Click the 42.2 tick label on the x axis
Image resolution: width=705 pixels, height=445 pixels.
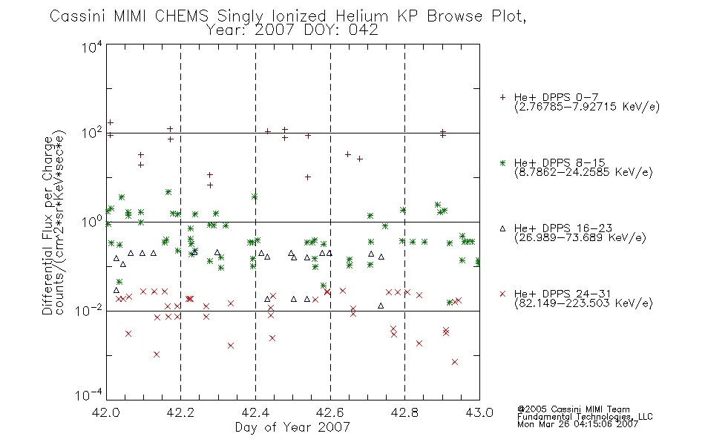point(181,412)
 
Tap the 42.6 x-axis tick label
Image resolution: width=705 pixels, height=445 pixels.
point(330,412)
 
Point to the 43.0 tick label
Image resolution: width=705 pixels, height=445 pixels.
point(479,412)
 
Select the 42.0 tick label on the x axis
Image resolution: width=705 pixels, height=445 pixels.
point(106,412)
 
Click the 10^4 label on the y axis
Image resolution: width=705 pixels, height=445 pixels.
point(92,47)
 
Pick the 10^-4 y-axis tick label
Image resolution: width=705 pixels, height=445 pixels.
point(89,395)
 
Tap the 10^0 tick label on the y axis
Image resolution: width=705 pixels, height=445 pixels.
point(92,222)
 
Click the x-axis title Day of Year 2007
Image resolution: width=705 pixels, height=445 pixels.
point(292,427)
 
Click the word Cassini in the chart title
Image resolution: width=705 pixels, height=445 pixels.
point(77,16)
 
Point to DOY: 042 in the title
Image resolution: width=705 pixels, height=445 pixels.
point(341,30)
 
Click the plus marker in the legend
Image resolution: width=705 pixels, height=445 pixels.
point(502,97)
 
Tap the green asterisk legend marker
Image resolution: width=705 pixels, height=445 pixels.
point(502,162)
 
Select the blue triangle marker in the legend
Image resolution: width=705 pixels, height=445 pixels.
point(502,228)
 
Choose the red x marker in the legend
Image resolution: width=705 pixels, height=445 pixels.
point(502,294)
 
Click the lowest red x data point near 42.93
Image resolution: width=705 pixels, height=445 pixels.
point(455,362)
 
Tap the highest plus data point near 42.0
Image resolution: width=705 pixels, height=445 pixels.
point(111,122)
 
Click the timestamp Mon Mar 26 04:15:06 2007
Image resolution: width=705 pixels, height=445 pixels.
point(577,424)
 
